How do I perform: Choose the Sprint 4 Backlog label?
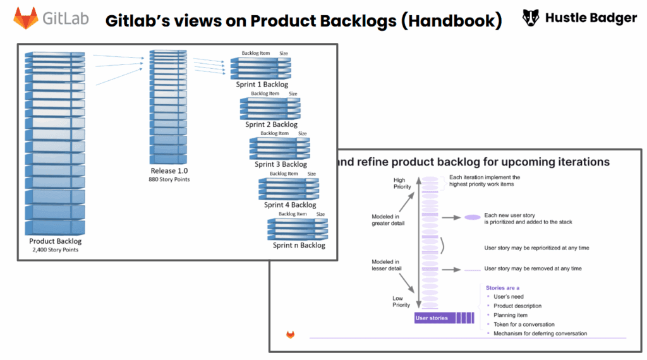(290, 205)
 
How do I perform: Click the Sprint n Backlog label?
(299, 245)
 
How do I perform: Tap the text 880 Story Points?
(169, 180)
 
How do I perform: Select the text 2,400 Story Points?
(55, 250)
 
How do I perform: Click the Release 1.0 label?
(169, 171)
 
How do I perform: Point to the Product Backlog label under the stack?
(55, 241)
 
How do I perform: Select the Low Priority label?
(401, 301)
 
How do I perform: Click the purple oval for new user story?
(472, 217)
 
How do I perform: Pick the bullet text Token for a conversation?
(524, 324)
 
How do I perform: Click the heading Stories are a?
(502, 288)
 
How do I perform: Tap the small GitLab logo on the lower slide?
(291, 335)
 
